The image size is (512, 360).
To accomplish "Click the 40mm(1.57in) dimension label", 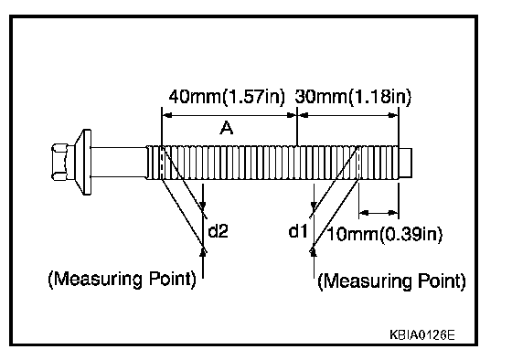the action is (227, 97).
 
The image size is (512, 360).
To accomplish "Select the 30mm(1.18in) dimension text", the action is (353, 97).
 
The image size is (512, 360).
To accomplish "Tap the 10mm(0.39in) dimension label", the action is (385, 234).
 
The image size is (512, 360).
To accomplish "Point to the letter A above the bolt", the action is (227, 128).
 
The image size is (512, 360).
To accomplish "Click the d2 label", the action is (218, 231).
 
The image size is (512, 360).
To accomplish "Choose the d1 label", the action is (298, 231).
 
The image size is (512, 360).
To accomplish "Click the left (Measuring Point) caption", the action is (123, 280).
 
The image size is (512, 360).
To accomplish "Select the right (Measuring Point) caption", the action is (391, 281).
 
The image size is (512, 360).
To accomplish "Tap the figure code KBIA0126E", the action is (421, 334).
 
